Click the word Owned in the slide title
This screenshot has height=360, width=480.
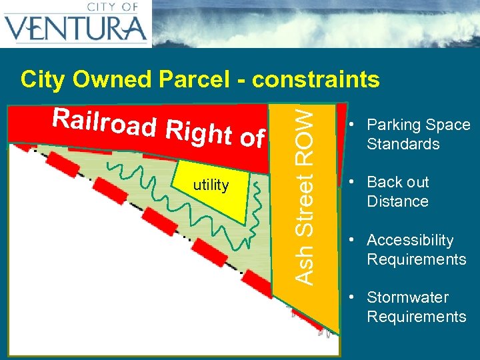pyautogui.click(x=111, y=79)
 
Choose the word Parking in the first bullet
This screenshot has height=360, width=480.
pyautogui.click(x=393, y=125)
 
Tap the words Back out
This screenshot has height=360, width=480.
pyautogui.click(x=398, y=182)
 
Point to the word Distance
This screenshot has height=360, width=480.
pyautogui.click(x=397, y=201)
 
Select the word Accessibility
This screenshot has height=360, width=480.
pyautogui.click(x=410, y=240)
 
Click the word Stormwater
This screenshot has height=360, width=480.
pyautogui.click(x=407, y=297)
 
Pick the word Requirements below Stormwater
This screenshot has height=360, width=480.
pyautogui.click(x=417, y=316)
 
